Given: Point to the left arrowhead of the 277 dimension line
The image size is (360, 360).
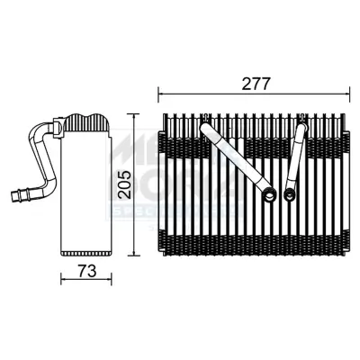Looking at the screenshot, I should [x=161, y=93].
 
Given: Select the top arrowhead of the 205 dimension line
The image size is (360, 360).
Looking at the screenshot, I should [x=135, y=117].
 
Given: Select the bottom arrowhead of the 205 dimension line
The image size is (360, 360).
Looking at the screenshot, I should [x=135, y=254].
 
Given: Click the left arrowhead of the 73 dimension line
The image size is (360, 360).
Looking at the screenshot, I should [x=63, y=278].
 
